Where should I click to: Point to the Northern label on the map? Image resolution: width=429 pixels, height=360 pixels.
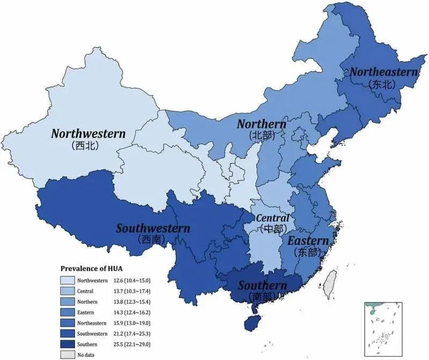262,124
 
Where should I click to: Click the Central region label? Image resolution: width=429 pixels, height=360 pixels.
272,218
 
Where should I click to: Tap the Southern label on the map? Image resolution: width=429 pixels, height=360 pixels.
262,285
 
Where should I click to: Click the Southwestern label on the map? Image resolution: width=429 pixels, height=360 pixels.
153,229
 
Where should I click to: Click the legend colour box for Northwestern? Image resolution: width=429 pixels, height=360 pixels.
67,280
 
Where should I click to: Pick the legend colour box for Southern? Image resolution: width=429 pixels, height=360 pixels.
67,344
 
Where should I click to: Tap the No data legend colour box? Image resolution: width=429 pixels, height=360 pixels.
67,355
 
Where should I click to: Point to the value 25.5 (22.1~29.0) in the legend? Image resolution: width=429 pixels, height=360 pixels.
129,344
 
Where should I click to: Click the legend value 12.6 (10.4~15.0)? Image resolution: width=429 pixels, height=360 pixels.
129,280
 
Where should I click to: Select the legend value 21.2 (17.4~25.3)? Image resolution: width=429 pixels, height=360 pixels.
129,333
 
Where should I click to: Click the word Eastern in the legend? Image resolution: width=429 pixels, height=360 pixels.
86,312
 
